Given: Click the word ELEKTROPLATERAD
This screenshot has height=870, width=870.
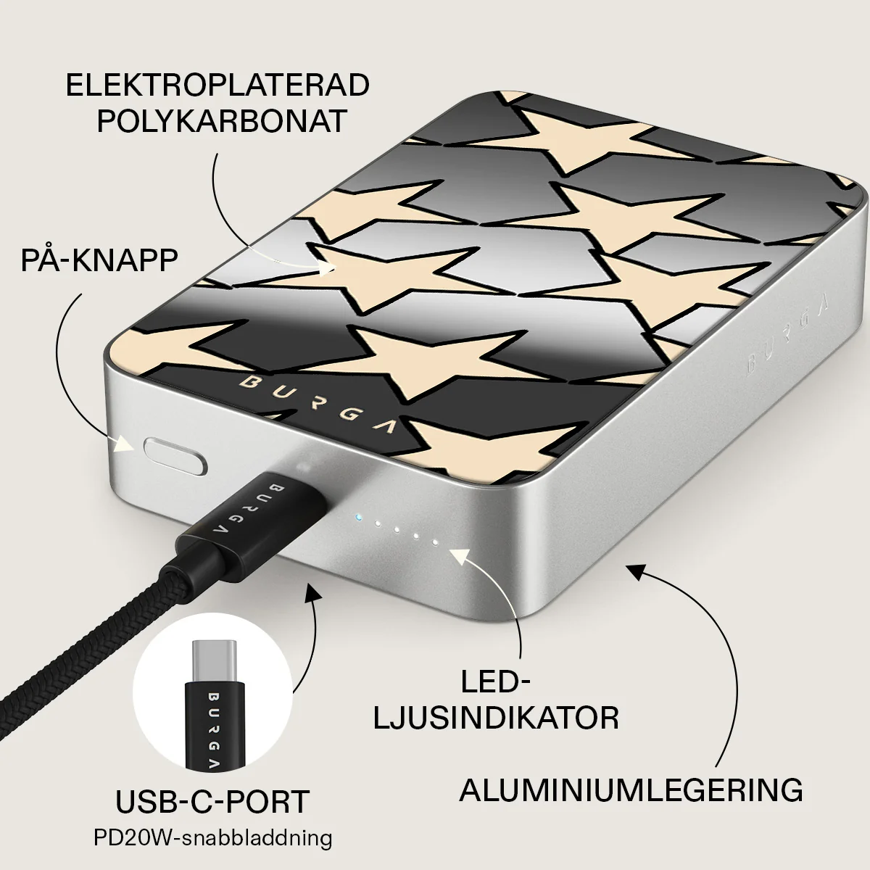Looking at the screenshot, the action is pos(217,85).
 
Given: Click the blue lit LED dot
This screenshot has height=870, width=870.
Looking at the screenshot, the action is pos(358,517).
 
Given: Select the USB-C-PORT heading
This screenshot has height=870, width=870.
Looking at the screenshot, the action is pos(212,801).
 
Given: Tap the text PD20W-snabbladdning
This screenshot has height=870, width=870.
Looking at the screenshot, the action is pos(212,837).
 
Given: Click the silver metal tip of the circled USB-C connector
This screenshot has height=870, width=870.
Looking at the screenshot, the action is pos(214,660).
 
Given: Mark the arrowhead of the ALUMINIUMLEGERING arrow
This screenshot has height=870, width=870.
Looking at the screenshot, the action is pos(637,573).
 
